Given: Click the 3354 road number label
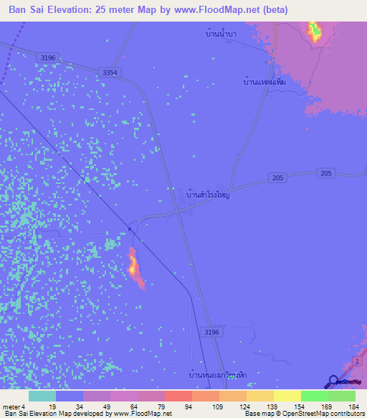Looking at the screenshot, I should [x=110, y=73].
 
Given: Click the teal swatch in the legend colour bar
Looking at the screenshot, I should [x=42, y=396].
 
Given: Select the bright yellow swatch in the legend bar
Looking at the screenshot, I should [x=287, y=396].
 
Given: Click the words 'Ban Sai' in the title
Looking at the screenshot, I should [x=26, y=9].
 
